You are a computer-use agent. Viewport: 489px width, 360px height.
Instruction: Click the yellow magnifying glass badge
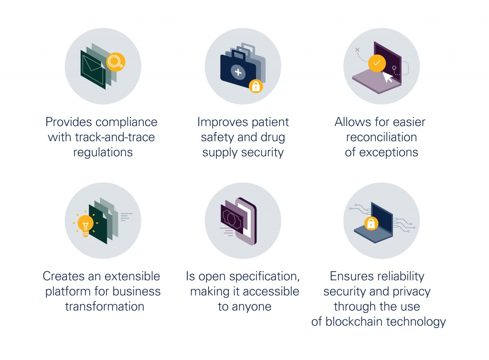tap(116, 62)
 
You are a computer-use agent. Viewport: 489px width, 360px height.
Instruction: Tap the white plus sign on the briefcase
tap(238, 72)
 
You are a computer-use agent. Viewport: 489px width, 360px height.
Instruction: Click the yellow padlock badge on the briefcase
tap(256, 86)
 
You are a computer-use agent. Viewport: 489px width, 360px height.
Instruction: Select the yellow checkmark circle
tap(377, 64)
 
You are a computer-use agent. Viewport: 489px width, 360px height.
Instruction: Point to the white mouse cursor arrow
tap(388, 77)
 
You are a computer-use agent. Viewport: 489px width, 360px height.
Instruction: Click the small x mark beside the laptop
tap(357, 50)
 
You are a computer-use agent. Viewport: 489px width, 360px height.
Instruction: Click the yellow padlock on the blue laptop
tap(371, 223)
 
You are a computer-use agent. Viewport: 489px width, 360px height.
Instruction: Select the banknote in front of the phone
tap(232, 219)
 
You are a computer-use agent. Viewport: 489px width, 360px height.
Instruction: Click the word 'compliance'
tap(126, 122)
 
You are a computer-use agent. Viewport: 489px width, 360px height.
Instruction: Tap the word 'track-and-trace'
tap(115, 137)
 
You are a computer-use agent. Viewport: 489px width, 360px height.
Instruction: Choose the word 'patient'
tap(270, 122)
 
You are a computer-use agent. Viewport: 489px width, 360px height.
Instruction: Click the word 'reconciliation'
tap(382, 137)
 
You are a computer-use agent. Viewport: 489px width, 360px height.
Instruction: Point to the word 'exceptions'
tap(389, 152)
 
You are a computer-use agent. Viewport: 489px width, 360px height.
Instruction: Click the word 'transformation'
tap(105, 307)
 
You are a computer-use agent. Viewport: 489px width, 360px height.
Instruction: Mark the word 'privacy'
tap(412, 292)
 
